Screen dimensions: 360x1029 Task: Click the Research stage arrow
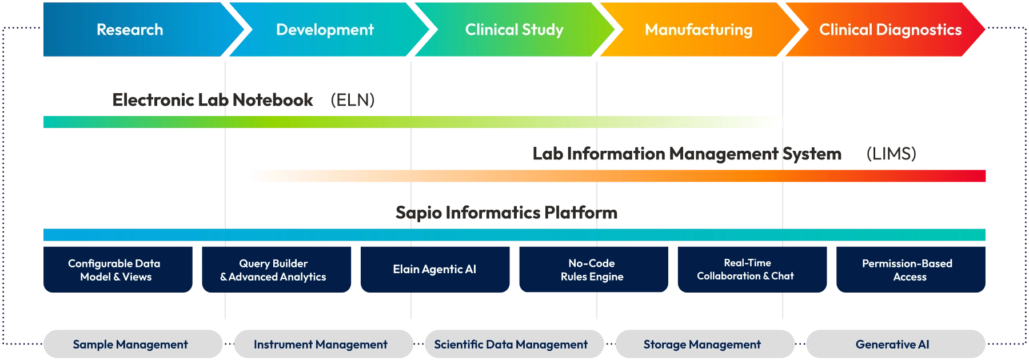tap(130, 30)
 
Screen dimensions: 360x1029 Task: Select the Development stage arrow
tap(325, 30)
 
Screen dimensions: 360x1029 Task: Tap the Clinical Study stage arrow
tap(514, 30)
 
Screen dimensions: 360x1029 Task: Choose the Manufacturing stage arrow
tap(699, 30)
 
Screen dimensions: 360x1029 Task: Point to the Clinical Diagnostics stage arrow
tap(890, 30)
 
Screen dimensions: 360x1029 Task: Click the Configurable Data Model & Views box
tap(116, 270)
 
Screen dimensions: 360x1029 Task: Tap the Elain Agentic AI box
tap(434, 269)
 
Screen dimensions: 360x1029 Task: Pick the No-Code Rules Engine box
tap(592, 270)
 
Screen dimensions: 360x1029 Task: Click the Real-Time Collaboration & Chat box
tap(745, 269)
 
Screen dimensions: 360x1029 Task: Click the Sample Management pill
tap(130, 345)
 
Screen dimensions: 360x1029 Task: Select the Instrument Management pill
tap(321, 345)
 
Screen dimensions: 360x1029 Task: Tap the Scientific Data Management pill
tap(511, 345)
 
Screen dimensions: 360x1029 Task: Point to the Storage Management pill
tap(702, 345)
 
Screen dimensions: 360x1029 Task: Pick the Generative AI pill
tap(892, 345)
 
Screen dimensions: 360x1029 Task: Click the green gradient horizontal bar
tap(412, 121)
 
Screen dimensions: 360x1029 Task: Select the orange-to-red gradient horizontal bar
tap(615, 176)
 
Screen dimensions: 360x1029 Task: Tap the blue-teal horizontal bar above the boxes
tap(514, 235)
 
